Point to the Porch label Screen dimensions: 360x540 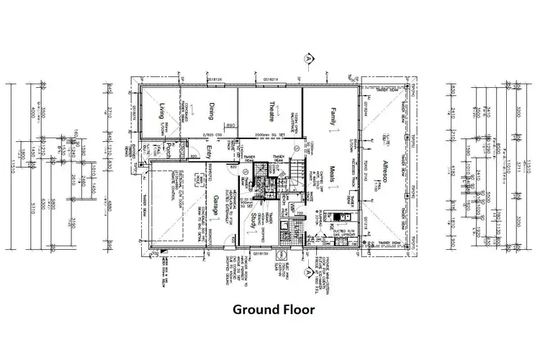(168, 150)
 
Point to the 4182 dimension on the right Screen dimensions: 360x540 (452, 171)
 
